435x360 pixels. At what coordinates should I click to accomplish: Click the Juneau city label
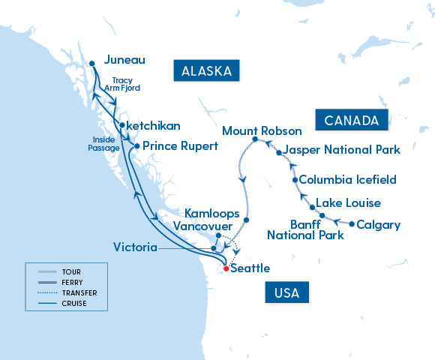(124, 60)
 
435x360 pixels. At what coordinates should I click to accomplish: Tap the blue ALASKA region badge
(206, 72)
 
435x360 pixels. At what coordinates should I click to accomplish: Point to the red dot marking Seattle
(226, 268)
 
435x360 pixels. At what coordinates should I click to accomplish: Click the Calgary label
(378, 224)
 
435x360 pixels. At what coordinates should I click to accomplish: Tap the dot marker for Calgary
(350, 223)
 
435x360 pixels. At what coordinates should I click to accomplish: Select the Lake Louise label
(348, 203)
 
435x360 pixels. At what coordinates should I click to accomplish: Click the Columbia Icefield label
(347, 180)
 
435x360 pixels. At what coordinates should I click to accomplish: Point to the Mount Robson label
(262, 131)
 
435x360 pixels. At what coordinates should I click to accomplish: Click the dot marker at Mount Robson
(256, 140)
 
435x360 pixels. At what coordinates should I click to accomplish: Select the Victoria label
(135, 247)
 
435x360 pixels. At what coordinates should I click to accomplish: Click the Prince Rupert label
(180, 145)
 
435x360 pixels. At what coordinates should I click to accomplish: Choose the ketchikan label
(154, 125)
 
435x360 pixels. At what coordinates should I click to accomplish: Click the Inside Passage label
(104, 142)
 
